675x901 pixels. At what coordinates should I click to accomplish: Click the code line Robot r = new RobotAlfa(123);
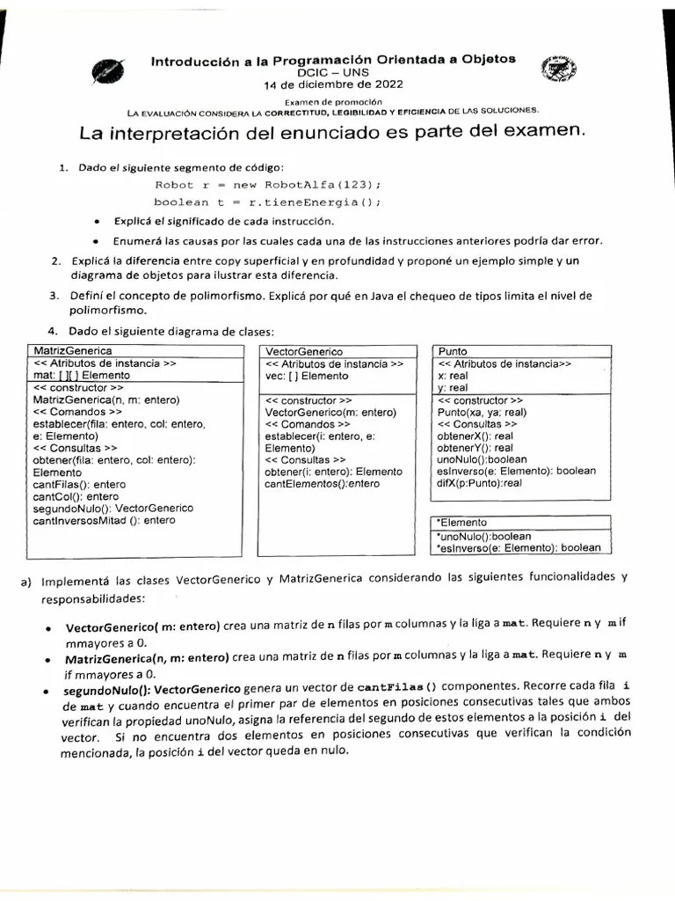click(267, 184)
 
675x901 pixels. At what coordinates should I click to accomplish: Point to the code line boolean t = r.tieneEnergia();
click(267, 201)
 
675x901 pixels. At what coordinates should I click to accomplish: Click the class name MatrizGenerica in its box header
click(65, 351)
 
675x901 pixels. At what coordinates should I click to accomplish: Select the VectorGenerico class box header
click(304, 351)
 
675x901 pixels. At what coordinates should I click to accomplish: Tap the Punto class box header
click(453, 351)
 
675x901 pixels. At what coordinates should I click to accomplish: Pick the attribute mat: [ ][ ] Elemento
click(81, 375)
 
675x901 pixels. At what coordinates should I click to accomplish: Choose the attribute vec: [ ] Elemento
click(307, 375)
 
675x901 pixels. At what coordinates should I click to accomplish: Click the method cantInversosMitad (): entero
click(104, 520)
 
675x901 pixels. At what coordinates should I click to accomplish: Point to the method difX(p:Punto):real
click(480, 483)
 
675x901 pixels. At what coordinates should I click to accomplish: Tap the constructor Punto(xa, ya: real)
click(482, 411)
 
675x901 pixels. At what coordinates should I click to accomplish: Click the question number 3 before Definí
click(54, 295)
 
